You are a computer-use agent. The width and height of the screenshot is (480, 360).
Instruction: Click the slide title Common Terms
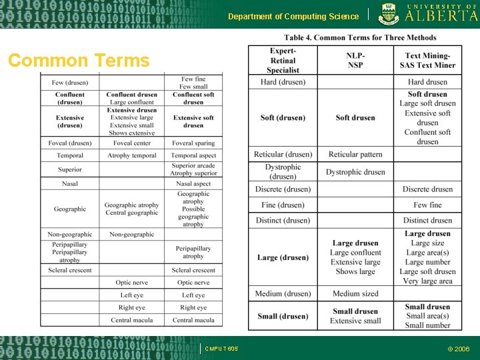(x=79, y=61)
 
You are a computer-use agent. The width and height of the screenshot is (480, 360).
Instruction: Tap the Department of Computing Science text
(x=293, y=17)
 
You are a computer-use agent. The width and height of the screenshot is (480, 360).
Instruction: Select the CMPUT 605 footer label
(x=221, y=349)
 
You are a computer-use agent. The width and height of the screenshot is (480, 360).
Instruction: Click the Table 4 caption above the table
(x=360, y=37)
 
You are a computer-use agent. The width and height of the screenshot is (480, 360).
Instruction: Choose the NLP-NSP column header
(x=355, y=61)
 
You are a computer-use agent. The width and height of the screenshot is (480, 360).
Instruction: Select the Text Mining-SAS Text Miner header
(x=427, y=61)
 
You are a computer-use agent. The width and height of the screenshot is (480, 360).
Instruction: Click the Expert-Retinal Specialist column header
(x=283, y=61)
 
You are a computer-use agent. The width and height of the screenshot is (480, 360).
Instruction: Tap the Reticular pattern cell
(x=355, y=155)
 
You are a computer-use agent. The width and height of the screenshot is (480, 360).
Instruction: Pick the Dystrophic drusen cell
(x=355, y=172)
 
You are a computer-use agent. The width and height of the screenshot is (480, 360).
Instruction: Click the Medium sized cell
(x=355, y=294)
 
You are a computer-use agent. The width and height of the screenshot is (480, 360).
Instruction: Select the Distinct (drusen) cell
(x=283, y=221)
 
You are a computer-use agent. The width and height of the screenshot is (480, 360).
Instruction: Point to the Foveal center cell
(x=132, y=143)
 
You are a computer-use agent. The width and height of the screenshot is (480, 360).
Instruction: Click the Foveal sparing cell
(x=193, y=143)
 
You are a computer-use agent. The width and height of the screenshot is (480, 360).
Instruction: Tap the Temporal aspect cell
(x=193, y=155)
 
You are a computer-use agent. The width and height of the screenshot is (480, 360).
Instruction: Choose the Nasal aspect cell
(x=193, y=183)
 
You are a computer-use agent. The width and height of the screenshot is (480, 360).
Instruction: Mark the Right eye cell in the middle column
(x=132, y=308)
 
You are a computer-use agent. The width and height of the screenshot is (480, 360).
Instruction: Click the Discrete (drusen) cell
(x=283, y=189)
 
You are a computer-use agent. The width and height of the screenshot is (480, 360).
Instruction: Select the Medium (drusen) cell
(x=283, y=294)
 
